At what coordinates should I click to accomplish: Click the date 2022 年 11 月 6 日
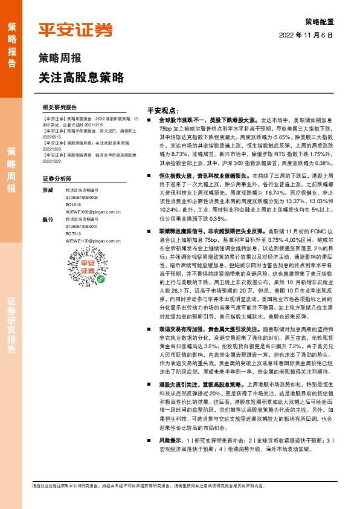[306, 35]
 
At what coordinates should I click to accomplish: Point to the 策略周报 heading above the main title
[59, 59]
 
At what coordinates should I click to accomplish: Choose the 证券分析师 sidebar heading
[57, 180]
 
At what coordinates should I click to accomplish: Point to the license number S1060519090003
[84, 198]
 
